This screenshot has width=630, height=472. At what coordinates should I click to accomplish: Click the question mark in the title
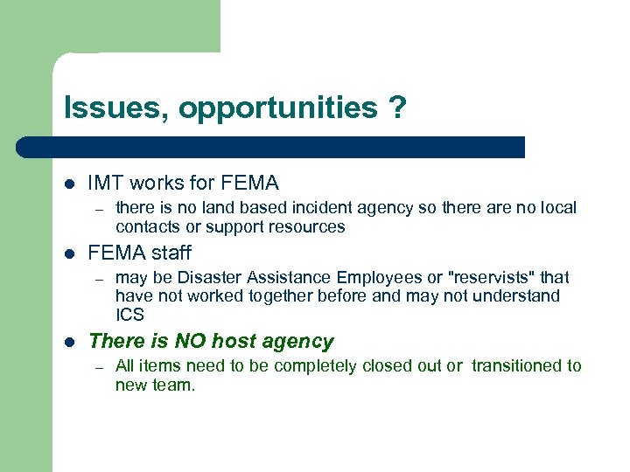click(x=398, y=108)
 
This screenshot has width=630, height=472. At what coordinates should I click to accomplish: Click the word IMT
click(x=106, y=184)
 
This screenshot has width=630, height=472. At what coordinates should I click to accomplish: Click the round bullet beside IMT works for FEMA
click(x=69, y=184)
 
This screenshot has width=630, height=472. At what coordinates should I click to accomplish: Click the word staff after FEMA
click(x=170, y=253)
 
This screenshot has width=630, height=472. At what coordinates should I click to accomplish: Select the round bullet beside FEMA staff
click(x=69, y=253)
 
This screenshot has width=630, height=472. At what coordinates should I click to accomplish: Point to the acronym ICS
click(x=129, y=315)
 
